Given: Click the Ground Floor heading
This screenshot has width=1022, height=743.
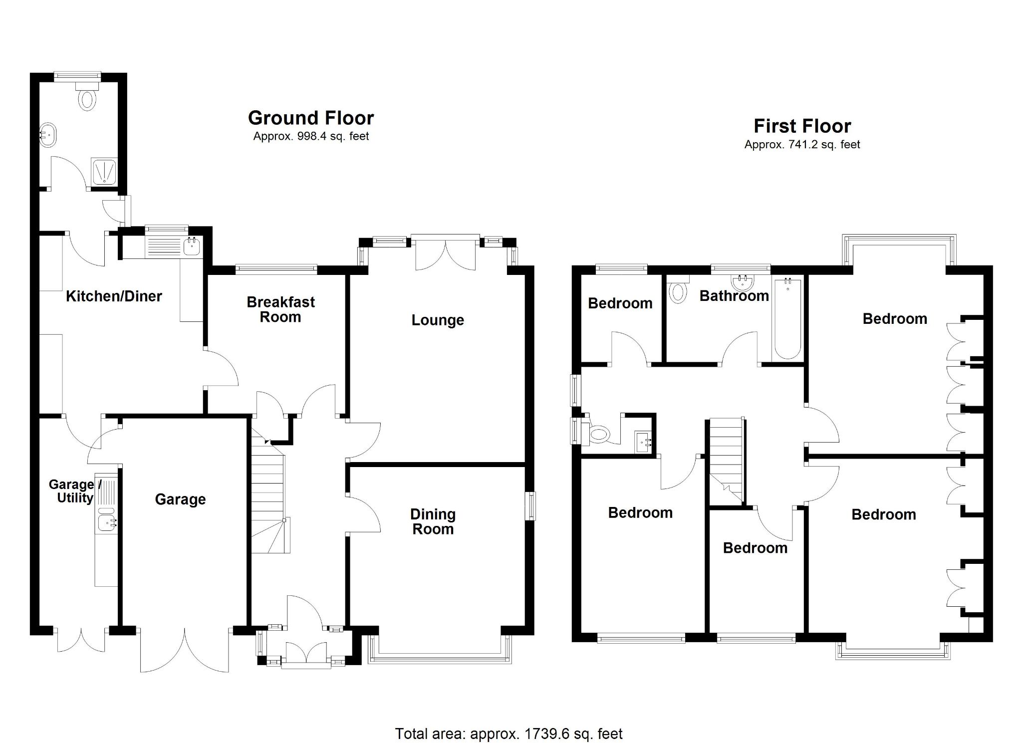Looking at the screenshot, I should point(310,118).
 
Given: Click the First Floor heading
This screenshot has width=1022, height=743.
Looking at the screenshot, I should point(802,126).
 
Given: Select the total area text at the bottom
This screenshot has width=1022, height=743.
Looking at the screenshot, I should point(509,720).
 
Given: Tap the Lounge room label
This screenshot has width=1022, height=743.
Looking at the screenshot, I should point(438,320).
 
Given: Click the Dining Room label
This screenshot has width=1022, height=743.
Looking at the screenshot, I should point(433,521).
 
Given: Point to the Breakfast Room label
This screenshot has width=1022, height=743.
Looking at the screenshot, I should point(280,309).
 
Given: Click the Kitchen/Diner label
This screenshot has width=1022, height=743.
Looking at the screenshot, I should point(114,296).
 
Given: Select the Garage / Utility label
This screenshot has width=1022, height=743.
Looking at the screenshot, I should point(75,491).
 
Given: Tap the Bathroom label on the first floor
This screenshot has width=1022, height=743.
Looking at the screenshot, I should point(734,296).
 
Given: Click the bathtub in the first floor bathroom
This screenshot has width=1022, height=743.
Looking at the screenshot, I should point(788,319).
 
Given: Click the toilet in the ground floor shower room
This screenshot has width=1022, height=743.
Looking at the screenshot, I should point(87,99).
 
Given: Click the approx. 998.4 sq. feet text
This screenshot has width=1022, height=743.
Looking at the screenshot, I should point(310,136).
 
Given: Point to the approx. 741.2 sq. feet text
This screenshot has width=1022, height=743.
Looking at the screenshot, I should point(802,145).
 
